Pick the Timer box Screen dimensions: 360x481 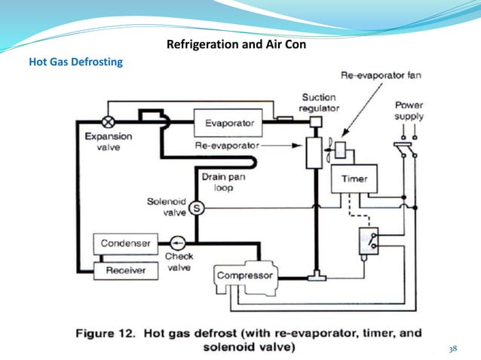click(x=354, y=179)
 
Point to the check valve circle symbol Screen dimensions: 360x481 click(x=178, y=243)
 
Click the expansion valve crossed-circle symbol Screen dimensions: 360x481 click(x=108, y=121)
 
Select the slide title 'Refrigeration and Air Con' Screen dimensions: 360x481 click(x=236, y=44)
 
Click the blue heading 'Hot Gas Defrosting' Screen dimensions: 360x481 click(x=75, y=63)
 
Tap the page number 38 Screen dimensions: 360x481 click(x=452, y=349)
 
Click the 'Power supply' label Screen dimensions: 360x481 click(x=409, y=111)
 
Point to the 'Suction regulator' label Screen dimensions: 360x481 click(x=320, y=102)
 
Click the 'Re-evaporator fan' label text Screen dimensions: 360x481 click(x=372, y=75)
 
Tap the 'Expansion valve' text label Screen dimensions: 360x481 click(x=108, y=142)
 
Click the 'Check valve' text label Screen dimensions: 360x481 click(x=179, y=262)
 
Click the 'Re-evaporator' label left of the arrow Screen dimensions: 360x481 click(x=227, y=144)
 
